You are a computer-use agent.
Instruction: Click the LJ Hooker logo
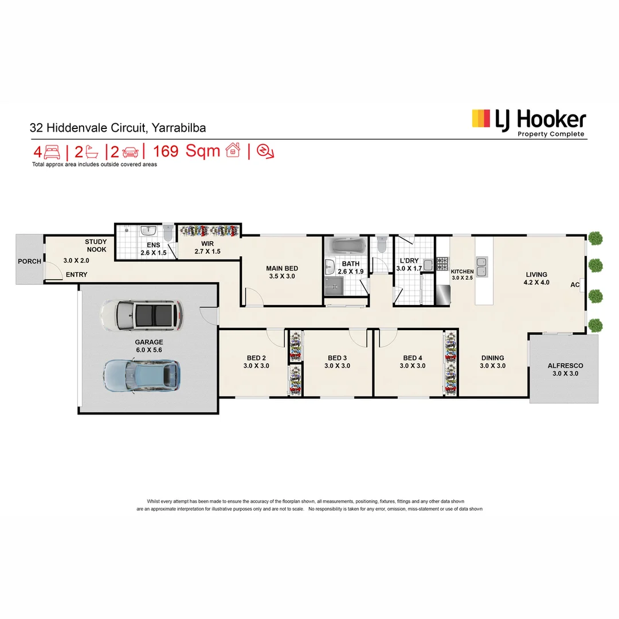(x=528, y=122)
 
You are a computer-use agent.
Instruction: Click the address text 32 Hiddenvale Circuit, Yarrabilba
(x=117, y=128)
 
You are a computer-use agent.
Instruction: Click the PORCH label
(x=29, y=261)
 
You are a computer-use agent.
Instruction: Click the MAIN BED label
(x=282, y=268)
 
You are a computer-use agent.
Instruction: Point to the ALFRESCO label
(x=565, y=366)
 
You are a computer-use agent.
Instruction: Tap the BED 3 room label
(x=336, y=358)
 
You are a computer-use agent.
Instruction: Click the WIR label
(x=207, y=244)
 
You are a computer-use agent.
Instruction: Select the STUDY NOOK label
(x=96, y=245)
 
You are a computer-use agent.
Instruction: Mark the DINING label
(x=492, y=358)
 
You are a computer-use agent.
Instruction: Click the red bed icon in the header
(x=52, y=152)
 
